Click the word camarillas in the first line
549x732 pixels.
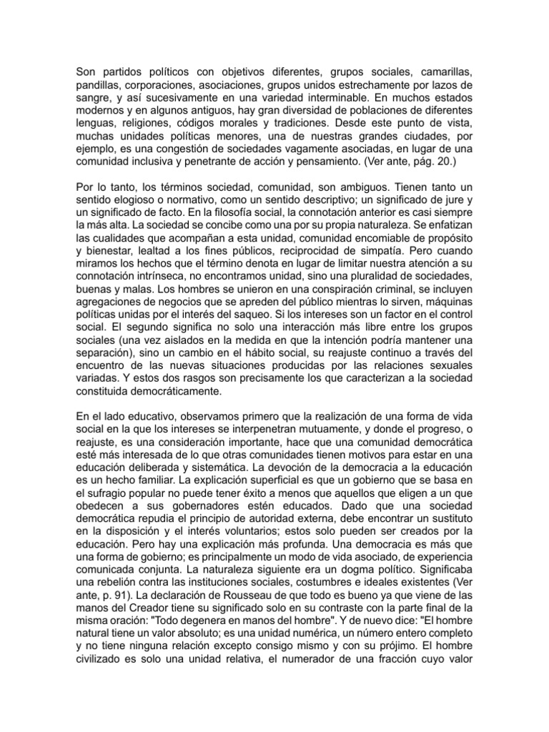(443, 71)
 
